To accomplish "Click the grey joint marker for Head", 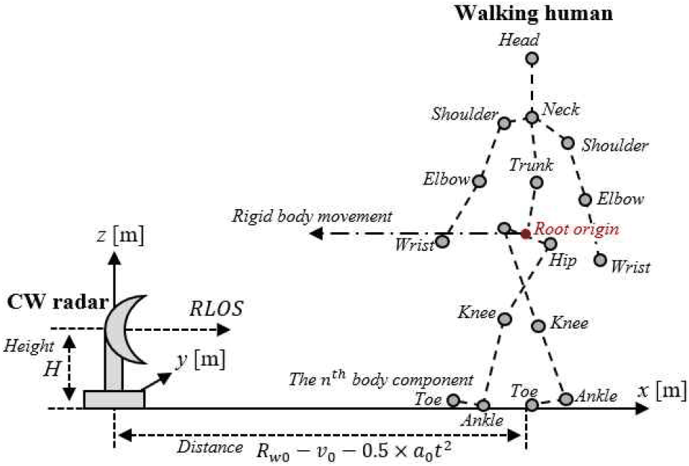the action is point(532,58).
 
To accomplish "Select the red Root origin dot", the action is point(526,234).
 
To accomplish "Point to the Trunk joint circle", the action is point(537,182).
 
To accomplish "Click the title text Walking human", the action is point(533,13).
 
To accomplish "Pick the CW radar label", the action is point(57,302).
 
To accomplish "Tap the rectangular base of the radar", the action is point(114,400).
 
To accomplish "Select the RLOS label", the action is point(216,309).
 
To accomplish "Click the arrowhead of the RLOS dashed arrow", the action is point(224,329).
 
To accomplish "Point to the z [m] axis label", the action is point(120,236).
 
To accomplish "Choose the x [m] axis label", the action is point(663,391).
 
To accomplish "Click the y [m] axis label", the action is point(201,360).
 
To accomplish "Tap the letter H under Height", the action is point(52,369).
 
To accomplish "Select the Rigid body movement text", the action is point(312,217).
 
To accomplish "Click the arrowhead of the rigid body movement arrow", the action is point(316,233).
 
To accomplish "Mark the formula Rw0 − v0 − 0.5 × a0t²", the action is point(354,451).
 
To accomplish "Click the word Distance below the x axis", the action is point(210,447).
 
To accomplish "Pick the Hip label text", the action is point(563,261).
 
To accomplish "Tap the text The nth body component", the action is point(381,379).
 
